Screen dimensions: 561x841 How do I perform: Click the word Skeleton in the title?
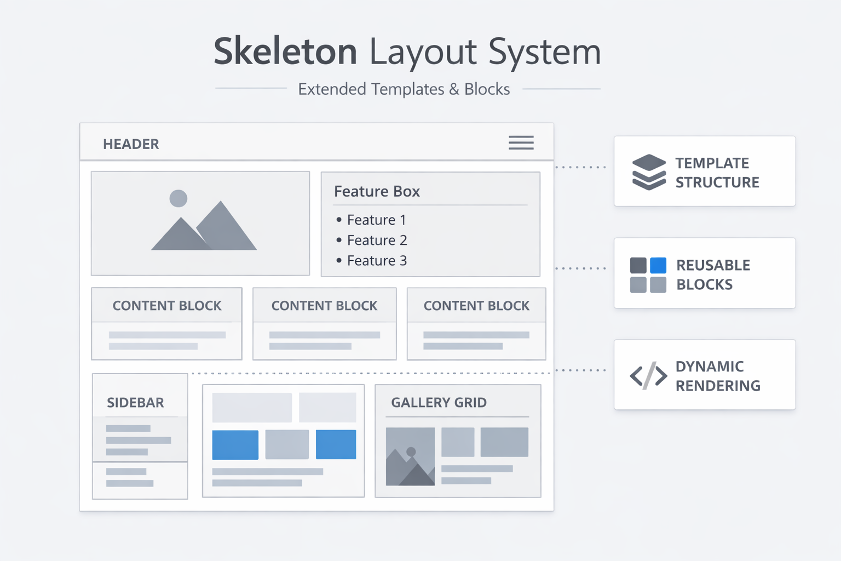[285, 51]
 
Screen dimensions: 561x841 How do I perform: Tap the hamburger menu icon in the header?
[521, 143]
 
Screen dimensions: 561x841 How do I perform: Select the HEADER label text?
[131, 144]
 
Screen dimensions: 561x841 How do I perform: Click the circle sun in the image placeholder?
[178, 198]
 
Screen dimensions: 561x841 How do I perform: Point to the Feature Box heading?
[377, 191]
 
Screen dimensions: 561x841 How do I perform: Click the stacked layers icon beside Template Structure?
[649, 172]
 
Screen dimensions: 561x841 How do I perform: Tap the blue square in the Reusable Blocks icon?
[658, 265]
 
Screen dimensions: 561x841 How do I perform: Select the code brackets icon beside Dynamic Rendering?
[648, 376]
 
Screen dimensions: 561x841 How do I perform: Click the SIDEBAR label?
[135, 403]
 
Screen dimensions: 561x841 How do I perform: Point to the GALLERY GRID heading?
[439, 403]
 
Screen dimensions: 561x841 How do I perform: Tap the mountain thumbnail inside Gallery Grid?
[410, 457]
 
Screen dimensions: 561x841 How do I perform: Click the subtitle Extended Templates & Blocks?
[404, 89]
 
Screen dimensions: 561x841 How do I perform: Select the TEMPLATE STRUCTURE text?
[717, 173]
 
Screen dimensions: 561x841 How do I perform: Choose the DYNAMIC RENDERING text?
[717, 376]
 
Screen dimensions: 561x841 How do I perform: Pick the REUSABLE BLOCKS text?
[712, 274]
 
